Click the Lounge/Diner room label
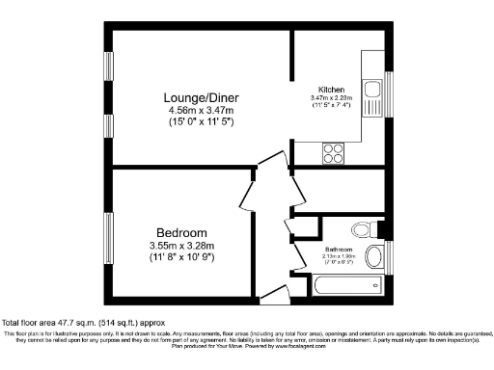click(x=200, y=99)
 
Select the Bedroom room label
click(x=182, y=233)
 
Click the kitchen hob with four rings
click(x=334, y=151)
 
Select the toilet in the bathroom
click(x=364, y=229)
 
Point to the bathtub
click(x=345, y=286)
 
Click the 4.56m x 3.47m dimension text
click(x=200, y=112)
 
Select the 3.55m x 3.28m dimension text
click(x=182, y=246)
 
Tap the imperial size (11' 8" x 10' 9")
click(x=182, y=257)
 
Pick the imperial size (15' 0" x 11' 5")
click(x=200, y=123)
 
